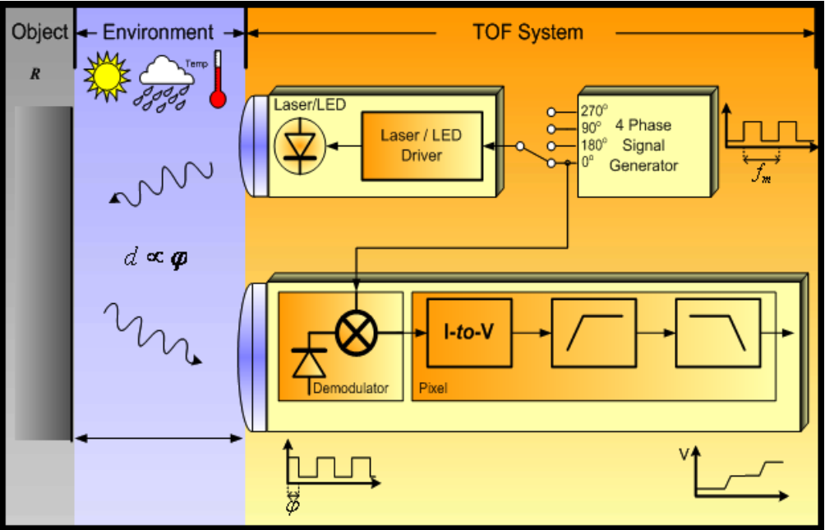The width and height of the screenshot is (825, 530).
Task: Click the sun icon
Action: [106, 76]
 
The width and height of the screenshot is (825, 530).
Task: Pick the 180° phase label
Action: [593, 145]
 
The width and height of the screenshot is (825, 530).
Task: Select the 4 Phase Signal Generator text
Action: [643, 145]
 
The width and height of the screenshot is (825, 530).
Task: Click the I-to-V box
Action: [468, 333]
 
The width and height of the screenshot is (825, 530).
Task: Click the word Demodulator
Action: [350, 388]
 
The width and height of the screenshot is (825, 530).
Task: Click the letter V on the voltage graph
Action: [684, 454]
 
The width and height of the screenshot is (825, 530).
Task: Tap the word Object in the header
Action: [39, 33]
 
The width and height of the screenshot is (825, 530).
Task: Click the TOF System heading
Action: [528, 33]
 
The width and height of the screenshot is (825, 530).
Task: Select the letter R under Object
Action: [35, 74]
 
